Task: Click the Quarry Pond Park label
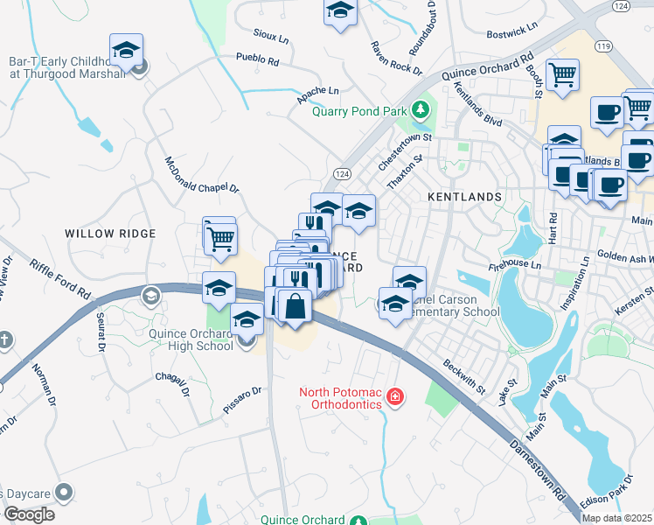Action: pyautogui.click(x=359, y=111)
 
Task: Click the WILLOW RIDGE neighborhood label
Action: pyautogui.click(x=110, y=234)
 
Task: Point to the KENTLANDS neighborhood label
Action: pyautogui.click(x=464, y=198)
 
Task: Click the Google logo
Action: pyautogui.click(x=28, y=514)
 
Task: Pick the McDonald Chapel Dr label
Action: pyautogui.click(x=201, y=175)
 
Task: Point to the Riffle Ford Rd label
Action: pyautogui.click(x=59, y=278)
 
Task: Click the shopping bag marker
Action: pyautogui.click(x=296, y=306)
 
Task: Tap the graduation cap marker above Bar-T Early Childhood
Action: pyautogui.click(x=127, y=49)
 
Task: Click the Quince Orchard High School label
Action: pyautogui.click(x=191, y=338)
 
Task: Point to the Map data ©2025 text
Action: pyautogui.click(x=616, y=518)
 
